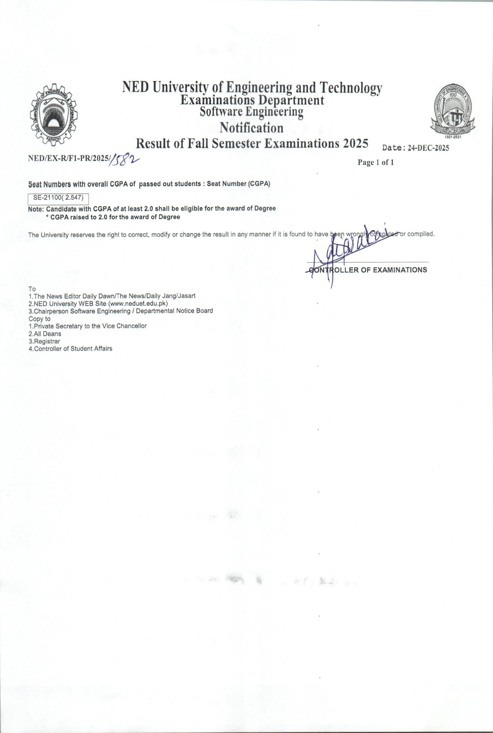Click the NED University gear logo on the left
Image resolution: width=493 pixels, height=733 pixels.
coord(52,116)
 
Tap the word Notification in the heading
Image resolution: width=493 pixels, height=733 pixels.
coord(251,128)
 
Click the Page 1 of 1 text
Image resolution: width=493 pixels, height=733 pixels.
coord(376,163)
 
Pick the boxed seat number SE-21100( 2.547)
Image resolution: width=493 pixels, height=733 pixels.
coord(58,198)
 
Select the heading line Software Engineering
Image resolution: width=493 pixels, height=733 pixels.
coord(251,111)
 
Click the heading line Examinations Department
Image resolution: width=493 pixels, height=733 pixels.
coord(252,101)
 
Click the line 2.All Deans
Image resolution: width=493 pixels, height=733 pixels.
coord(45,334)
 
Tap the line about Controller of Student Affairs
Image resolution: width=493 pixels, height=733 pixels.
coord(70,349)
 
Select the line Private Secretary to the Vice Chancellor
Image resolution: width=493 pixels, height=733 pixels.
coord(88,326)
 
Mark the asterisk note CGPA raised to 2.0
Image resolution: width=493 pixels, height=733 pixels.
coord(113,217)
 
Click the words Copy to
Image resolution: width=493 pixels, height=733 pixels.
coord(39,319)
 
